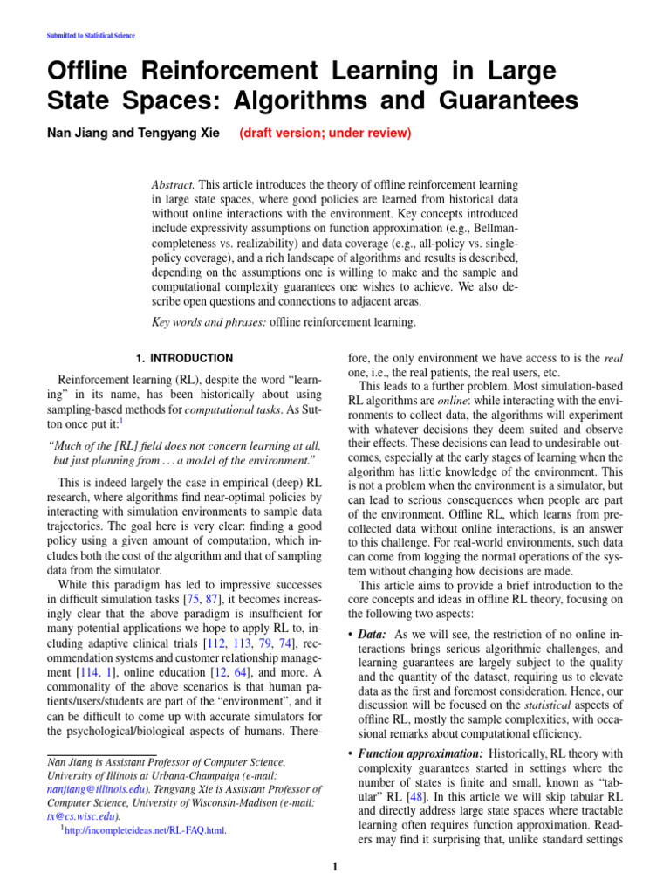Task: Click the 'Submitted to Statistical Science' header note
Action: click(89, 36)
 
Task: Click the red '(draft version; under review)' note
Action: click(325, 134)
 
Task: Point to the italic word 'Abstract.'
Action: click(173, 186)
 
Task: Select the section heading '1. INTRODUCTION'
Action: click(184, 358)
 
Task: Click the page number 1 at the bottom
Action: click(335, 866)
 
